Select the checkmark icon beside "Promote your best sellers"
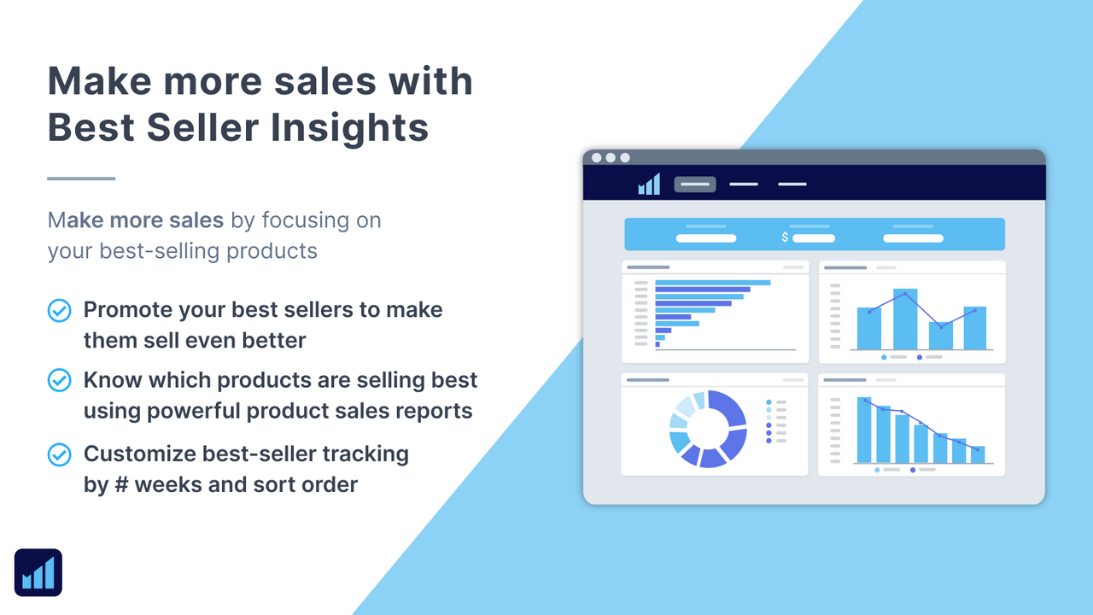(59, 311)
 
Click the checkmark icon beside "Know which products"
(59, 380)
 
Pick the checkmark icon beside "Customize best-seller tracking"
(59, 454)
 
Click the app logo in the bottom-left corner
(38, 572)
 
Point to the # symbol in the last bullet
(118, 485)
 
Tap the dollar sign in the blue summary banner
(785, 237)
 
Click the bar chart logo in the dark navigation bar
(649, 184)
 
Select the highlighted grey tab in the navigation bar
(695, 184)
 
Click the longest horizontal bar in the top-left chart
(713, 283)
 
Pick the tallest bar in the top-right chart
(905, 319)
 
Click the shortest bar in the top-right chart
(940, 336)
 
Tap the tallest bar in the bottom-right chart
(864, 430)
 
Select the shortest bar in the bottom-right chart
(978, 454)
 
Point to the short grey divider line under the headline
(81, 179)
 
